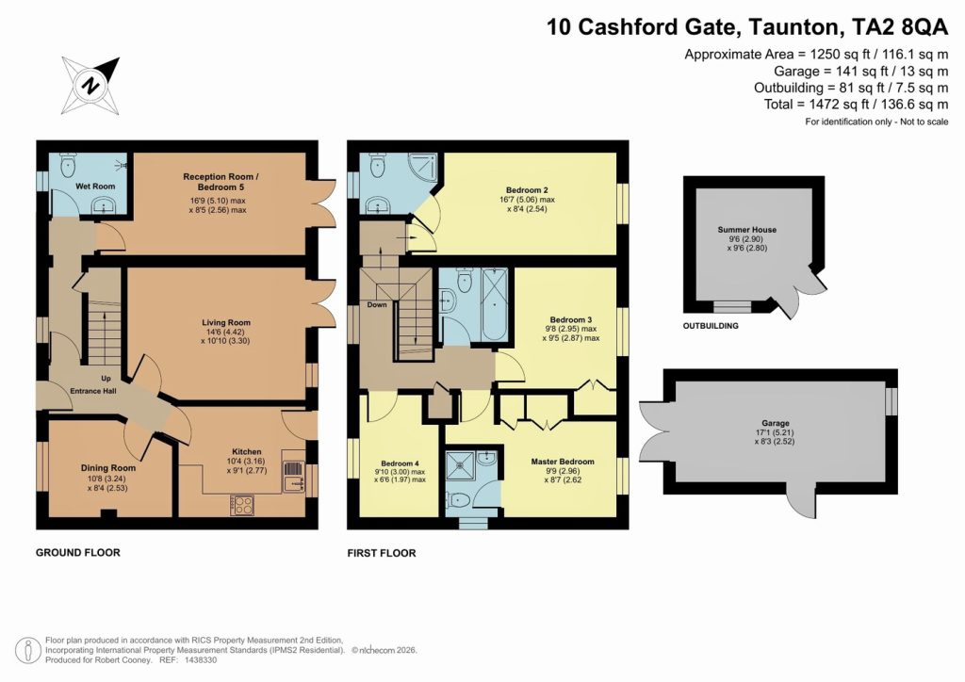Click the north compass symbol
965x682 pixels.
pos(91,85)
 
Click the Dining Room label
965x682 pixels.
pos(109,467)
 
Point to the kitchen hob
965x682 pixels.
pos(241,505)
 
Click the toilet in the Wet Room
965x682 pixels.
pos(66,167)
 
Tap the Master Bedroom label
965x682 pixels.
pos(563,462)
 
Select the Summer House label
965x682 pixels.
pos(746,230)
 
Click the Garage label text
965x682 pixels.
pos(776,424)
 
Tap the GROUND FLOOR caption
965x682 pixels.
pos(78,552)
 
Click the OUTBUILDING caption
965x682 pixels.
pos(711,326)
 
